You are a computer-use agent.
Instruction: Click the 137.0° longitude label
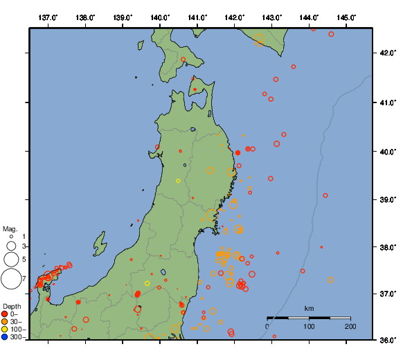click(x=48, y=17)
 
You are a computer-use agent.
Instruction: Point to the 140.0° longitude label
click(x=160, y=17)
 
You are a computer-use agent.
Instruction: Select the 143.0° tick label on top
click(x=272, y=17)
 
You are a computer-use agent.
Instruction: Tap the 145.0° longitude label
click(x=346, y=17)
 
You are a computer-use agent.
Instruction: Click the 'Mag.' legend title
click(x=10, y=228)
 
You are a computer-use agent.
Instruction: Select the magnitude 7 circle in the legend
click(x=11, y=279)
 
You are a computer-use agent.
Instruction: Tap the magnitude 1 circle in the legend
click(x=11, y=237)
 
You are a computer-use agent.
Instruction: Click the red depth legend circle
click(x=5, y=314)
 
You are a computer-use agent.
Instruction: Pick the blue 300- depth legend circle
click(x=5, y=337)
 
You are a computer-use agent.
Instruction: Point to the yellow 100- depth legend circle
click(x=5, y=330)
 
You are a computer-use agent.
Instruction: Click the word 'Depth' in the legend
click(x=12, y=306)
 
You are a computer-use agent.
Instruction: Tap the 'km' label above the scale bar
click(x=310, y=308)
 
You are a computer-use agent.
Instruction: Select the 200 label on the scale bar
click(x=350, y=326)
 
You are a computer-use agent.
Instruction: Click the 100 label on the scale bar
click(x=309, y=326)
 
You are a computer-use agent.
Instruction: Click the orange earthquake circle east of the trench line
click(x=330, y=280)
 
